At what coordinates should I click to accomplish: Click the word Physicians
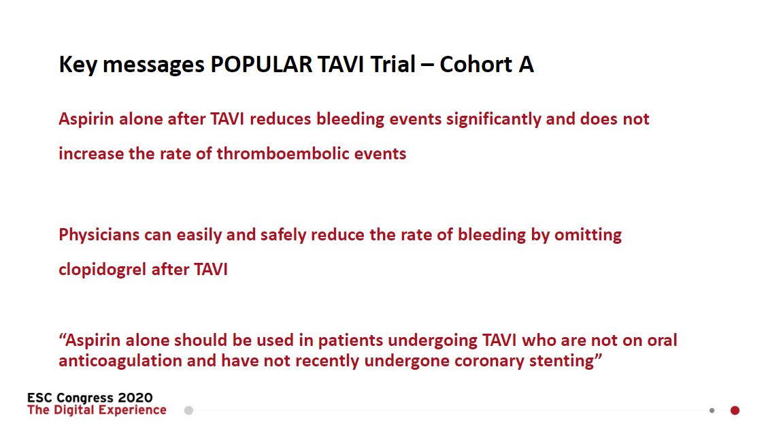tap(99, 236)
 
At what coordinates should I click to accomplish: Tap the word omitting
tap(588, 236)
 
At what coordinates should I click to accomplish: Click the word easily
tap(200, 236)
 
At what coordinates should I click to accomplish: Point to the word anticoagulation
tap(120, 361)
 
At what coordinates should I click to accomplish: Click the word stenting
tap(563, 361)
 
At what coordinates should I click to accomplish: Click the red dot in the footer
tap(735, 411)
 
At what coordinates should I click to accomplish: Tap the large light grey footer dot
tap(188, 411)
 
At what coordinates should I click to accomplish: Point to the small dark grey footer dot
tap(712, 411)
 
